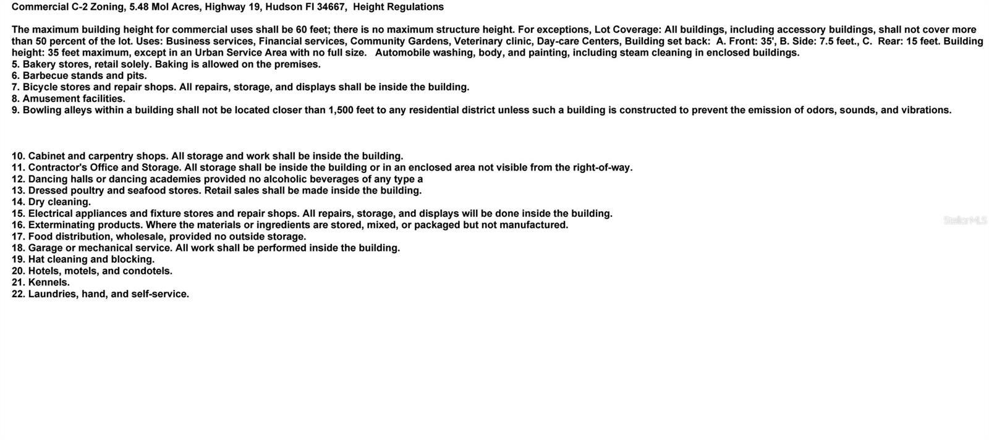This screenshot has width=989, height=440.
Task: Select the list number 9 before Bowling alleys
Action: (15, 110)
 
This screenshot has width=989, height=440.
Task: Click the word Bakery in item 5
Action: (39, 64)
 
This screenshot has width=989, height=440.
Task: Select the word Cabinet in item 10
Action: (46, 156)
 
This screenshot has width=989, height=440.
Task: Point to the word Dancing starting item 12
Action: (49, 179)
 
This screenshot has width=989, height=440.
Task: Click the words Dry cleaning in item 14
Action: (59, 202)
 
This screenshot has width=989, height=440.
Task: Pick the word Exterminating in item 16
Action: (61, 225)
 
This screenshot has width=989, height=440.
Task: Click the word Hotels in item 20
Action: (45, 271)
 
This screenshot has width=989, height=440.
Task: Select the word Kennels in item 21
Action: (49, 282)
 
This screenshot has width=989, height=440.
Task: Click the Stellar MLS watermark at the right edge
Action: (965, 220)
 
